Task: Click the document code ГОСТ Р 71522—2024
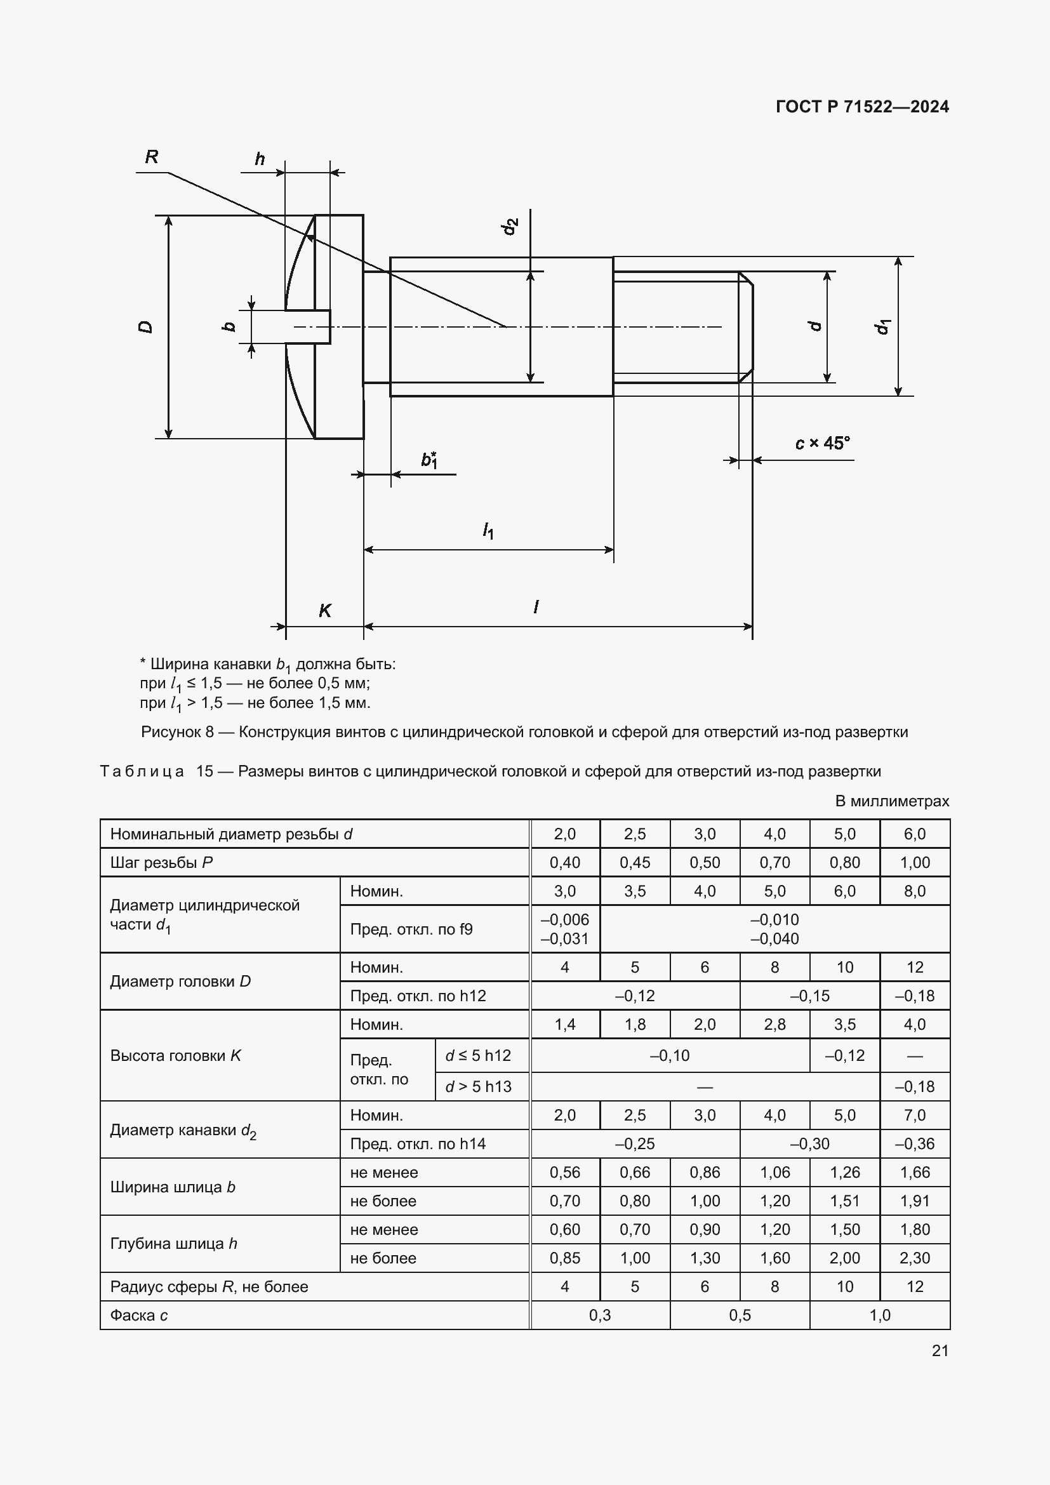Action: (x=862, y=107)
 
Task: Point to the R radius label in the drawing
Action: (x=152, y=157)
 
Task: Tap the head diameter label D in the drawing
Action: (x=146, y=326)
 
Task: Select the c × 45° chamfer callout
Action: (x=821, y=444)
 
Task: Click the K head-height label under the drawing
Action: (x=324, y=611)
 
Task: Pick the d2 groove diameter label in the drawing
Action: (x=510, y=227)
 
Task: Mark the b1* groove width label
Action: (x=429, y=460)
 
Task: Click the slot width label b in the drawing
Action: (x=229, y=326)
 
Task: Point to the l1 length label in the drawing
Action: (x=488, y=531)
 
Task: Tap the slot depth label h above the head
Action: (x=260, y=159)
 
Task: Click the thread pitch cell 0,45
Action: (x=634, y=862)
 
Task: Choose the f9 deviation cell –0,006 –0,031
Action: (x=564, y=929)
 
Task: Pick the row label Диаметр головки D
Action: (x=180, y=981)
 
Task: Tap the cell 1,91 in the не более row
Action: (x=914, y=1201)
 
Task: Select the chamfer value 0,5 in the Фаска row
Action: (x=740, y=1315)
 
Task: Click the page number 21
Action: (x=940, y=1350)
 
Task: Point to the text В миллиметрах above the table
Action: (x=891, y=801)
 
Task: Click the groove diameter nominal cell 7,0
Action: (x=914, y=1115)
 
